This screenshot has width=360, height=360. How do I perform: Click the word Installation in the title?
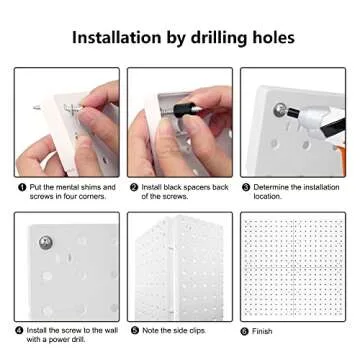(117, 37)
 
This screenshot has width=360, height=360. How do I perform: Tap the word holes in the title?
(273, 37)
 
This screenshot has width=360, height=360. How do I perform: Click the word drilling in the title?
(220, 39)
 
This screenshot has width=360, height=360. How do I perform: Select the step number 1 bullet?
(22, 187)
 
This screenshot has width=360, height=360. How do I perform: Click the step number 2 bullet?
(134, 187)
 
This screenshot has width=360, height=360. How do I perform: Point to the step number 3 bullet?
(246, 187)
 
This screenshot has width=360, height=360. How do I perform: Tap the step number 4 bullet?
(20, 331)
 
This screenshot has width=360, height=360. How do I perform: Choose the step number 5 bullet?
(135, 331)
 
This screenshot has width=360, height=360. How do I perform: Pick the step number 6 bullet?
(245, 332)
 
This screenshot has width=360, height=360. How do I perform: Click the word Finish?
(262, 331)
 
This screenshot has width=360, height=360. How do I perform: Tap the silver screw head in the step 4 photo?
(45, 242)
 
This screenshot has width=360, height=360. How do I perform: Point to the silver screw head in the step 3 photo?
(280, 110)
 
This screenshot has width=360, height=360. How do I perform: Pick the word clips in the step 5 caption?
(197, 331)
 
